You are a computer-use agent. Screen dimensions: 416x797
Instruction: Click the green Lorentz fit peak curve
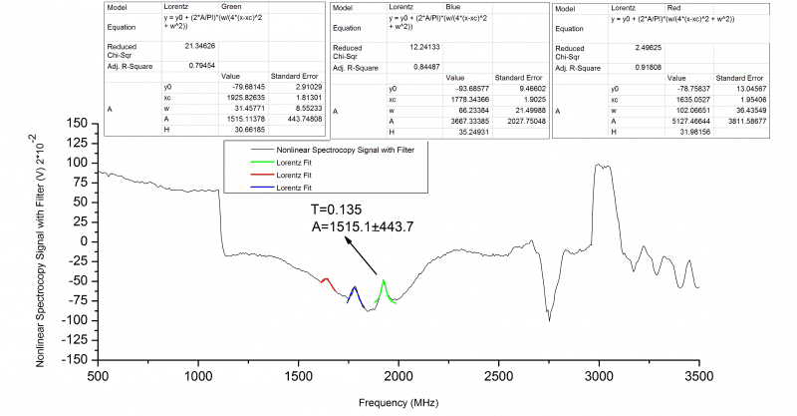click(x=384, y=284)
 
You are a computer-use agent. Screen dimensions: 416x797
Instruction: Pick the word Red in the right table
click(x=677, y=7)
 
